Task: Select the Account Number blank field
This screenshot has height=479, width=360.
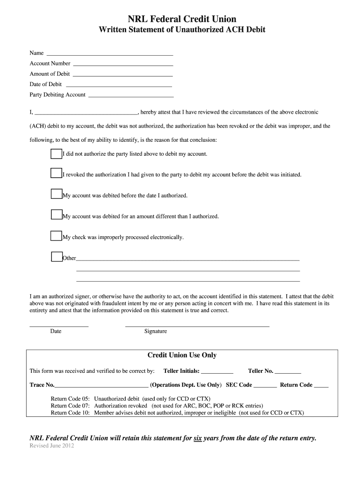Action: [123, 65]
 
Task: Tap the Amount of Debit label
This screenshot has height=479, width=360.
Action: [50, 74]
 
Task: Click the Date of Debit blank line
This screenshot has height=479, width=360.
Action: [119, 86]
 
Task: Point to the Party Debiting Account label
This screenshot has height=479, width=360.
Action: [58, 94]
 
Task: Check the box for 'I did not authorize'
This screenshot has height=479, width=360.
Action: [56, 154]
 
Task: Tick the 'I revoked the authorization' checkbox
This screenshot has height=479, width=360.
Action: [56, 174]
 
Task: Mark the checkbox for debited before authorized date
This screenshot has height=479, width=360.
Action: [56, 194]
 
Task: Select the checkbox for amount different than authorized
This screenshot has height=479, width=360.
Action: [56, 215]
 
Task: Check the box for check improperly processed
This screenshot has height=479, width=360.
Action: [56, 236]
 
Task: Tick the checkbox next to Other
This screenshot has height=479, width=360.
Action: [56, 256]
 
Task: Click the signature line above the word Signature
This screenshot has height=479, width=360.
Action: [197, 325]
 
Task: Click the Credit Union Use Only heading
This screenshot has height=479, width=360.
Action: [182, 356]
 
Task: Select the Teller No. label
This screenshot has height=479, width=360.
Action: [260, 371]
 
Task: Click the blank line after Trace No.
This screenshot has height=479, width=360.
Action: [101, 387]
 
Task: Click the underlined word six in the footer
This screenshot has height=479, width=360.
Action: [197, 438]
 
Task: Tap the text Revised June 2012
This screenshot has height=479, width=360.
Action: [52, 446]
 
